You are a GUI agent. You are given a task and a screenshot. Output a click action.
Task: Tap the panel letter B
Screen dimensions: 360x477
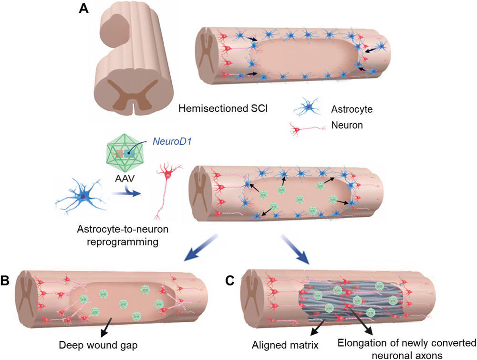9,280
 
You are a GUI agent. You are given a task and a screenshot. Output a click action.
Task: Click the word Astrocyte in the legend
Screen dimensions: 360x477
351,109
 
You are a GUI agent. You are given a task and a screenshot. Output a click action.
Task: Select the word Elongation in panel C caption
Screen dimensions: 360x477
359,342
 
